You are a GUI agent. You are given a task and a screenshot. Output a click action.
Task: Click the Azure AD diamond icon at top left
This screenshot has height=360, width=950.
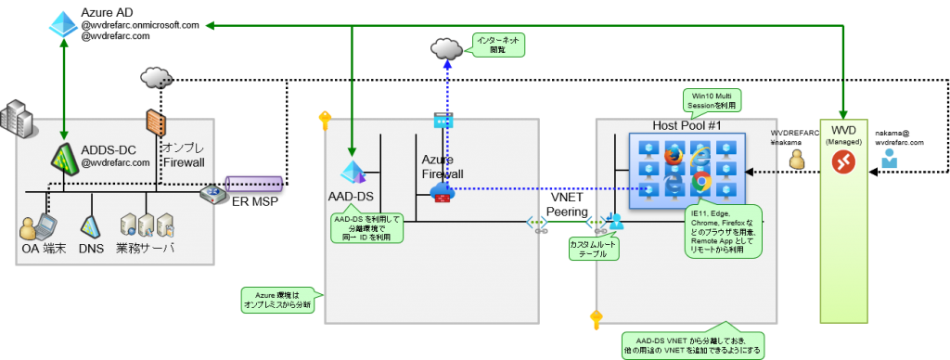(63, 24)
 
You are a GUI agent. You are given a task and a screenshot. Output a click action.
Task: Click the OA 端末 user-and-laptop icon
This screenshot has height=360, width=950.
(38, 226)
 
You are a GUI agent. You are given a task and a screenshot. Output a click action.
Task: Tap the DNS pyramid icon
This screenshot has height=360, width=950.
(91, 225)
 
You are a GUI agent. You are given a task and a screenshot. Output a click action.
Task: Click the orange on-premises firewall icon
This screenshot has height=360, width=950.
(154, 123)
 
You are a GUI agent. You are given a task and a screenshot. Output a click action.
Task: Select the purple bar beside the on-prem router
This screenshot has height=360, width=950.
(253, 183)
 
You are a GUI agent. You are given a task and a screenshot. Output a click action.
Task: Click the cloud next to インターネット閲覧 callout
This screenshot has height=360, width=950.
(446, 47)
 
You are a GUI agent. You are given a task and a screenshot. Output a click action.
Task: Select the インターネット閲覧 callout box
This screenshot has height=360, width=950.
(497, 45)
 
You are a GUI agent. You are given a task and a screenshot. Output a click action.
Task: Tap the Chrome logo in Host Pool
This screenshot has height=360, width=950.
(701, 181)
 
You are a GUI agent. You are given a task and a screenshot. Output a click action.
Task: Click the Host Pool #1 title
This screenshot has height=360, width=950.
(687, 125)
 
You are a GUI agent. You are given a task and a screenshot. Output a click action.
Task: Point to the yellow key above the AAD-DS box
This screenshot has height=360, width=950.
(324, 120)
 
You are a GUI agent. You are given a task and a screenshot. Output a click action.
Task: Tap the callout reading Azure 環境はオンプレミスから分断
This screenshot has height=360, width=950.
(278, 300)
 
